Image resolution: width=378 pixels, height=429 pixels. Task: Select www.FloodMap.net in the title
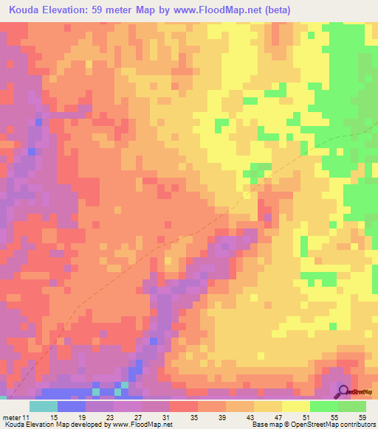[215, 10]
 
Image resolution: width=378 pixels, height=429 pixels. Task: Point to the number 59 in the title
[103, 10]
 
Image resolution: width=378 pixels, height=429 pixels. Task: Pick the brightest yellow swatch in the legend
[295, 406]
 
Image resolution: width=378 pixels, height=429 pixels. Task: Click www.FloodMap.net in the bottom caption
[141, 425]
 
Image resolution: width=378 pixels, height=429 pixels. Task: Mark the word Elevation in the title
[69, 10]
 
